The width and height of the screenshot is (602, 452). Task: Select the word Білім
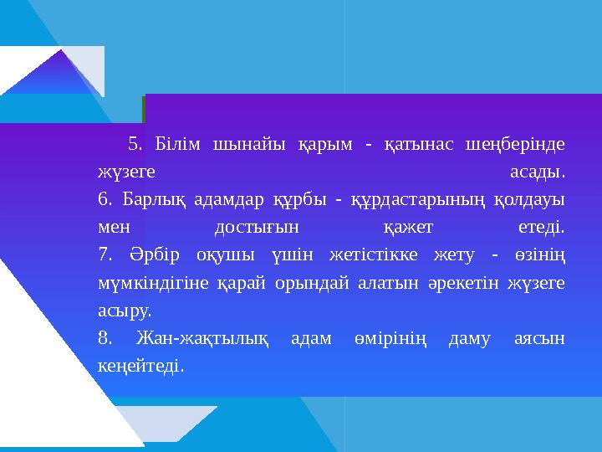pos(176,145)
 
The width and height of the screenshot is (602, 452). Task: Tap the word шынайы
pos(247,145)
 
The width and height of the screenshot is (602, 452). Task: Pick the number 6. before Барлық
pos(104,200)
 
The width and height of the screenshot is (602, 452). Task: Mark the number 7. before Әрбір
pos(104,255)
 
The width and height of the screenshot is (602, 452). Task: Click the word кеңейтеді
pos(140,366)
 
